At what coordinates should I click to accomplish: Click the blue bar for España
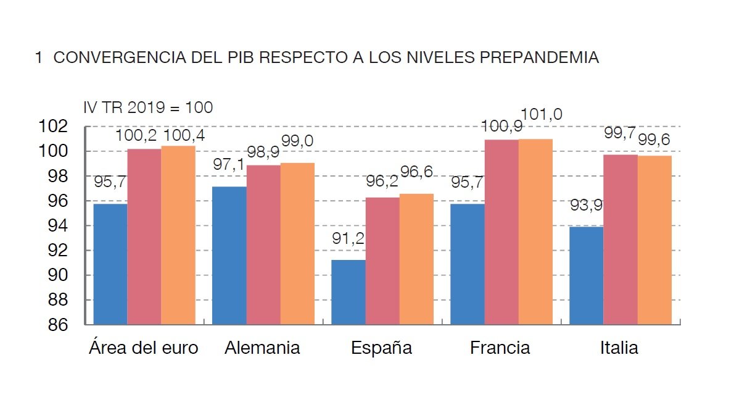coord(348,292)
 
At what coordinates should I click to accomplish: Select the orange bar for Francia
coord(535,232)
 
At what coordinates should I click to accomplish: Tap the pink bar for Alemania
coord(263,245)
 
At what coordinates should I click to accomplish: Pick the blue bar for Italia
coord(586,275)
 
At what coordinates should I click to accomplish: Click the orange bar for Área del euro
coord(178,235)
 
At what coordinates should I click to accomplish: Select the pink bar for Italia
coord(621,240)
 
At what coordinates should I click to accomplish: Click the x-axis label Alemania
coord(262,348)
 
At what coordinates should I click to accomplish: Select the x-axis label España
coord(381,348)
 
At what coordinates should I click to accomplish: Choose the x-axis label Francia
coord(500,348)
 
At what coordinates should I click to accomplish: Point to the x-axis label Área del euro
coord(144,348)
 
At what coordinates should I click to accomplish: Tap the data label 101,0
coord(542,114)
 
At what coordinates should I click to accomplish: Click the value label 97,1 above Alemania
coord(229,164)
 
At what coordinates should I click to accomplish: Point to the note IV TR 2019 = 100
coord(148,107)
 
